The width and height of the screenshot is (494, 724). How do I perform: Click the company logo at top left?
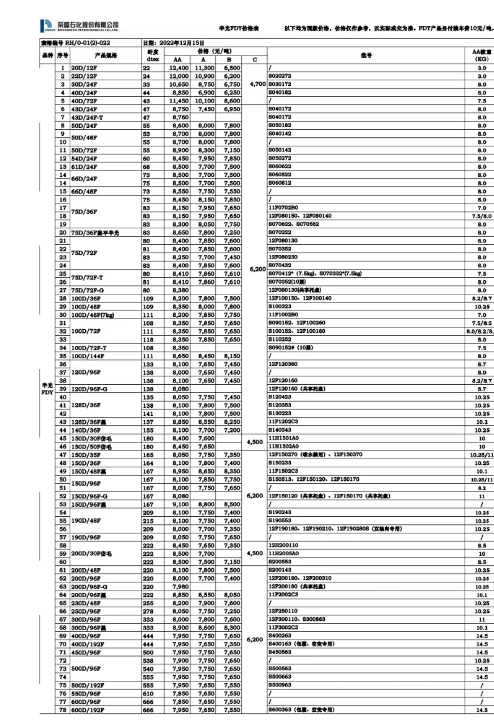79,25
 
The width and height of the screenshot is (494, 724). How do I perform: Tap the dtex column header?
152,55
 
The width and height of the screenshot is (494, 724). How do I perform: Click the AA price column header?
177,60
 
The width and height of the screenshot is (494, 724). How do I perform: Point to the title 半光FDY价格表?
239,28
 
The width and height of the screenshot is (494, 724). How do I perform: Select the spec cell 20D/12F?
84,68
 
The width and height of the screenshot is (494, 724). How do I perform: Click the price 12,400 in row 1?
179,68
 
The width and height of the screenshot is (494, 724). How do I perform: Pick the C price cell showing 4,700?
257,84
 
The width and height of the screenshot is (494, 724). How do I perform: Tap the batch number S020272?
280,76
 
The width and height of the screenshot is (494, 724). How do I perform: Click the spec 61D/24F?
84,167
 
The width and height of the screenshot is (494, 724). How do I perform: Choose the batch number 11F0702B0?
283,208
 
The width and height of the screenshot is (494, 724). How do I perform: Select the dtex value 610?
148,694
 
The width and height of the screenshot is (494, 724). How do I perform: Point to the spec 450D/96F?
86,652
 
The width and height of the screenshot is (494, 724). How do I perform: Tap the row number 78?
63,710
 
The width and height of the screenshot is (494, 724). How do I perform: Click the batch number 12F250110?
283,611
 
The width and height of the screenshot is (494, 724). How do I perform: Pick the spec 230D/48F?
86,603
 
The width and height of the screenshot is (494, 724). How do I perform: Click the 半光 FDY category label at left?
47,389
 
